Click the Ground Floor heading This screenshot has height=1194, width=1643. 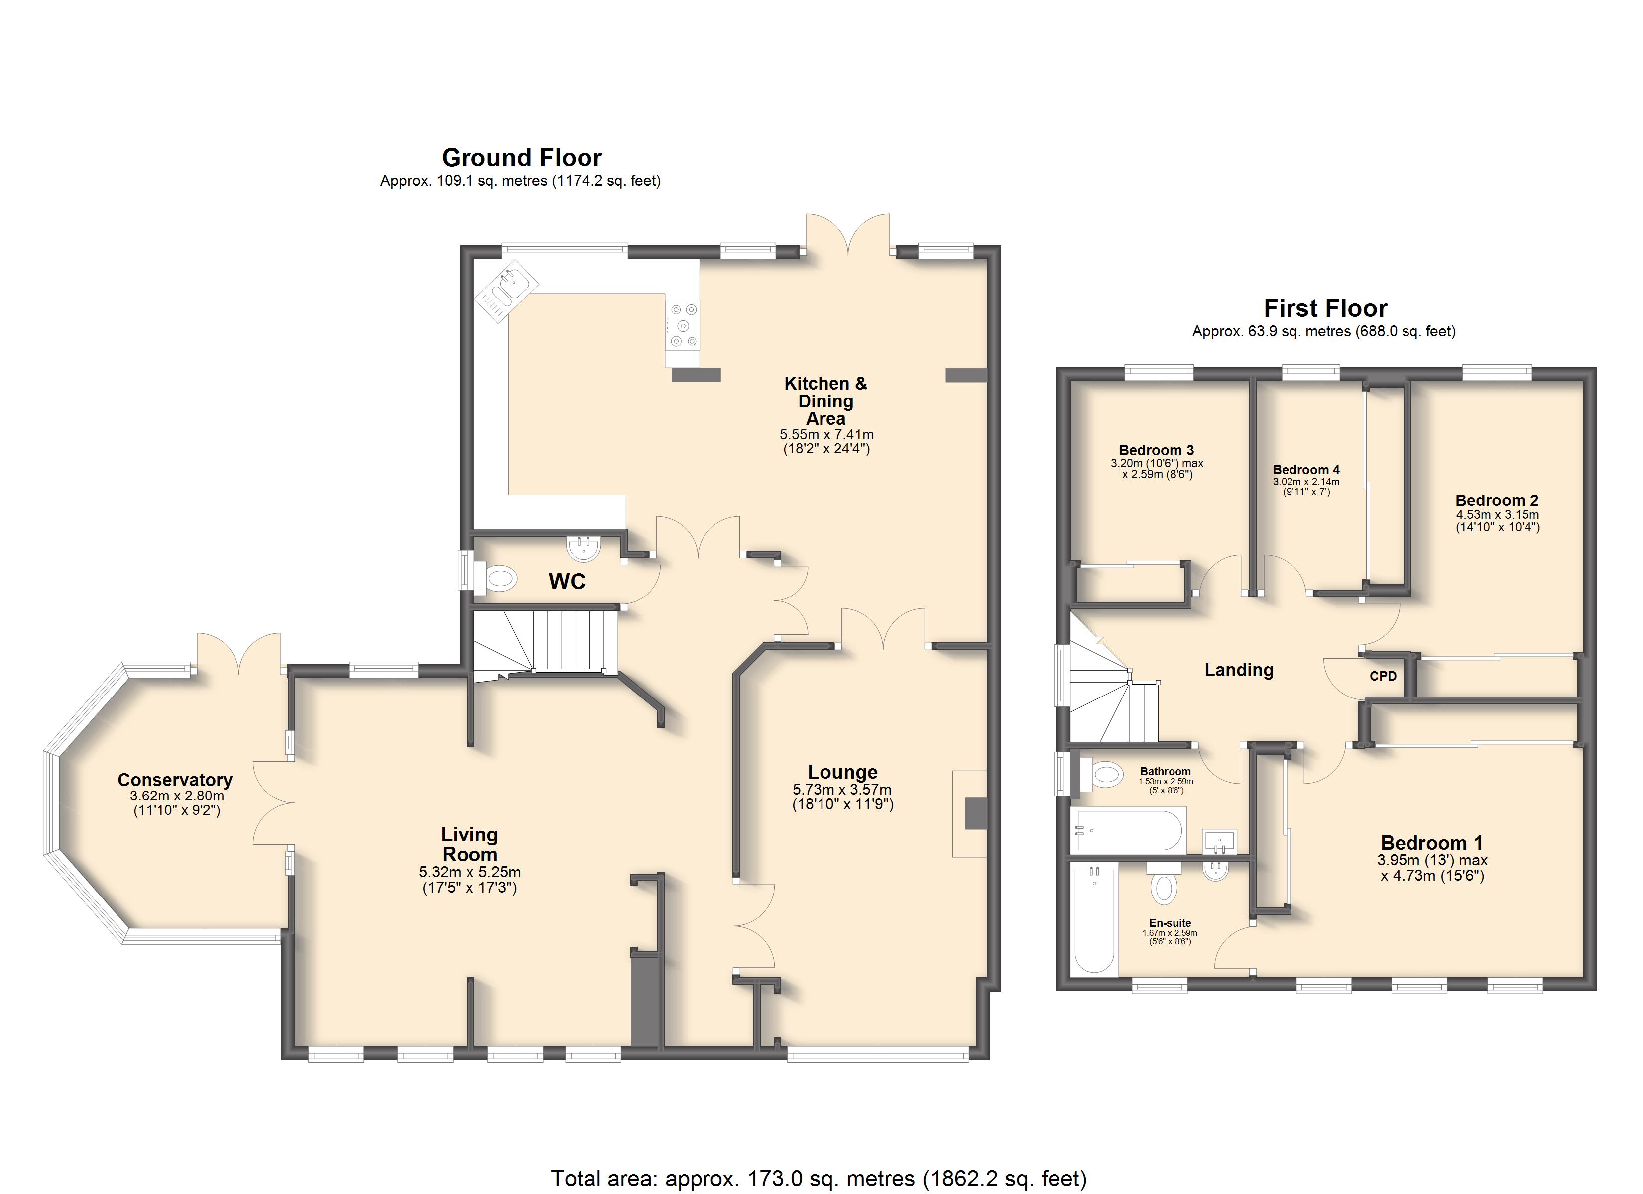point(522,157)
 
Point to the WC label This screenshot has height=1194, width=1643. point(567,582)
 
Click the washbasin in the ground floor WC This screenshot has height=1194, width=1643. point(584,548)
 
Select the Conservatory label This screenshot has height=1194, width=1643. point(175,780)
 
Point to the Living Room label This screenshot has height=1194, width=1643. point(469,844)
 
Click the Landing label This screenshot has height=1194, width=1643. point(1239,671)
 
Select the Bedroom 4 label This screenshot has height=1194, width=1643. point(1306,469)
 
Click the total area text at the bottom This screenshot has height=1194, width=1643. point(819,1179)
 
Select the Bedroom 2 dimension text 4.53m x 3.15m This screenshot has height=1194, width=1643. point(1498,515)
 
